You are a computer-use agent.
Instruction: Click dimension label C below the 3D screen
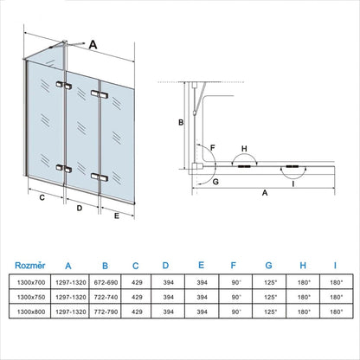(42, 197)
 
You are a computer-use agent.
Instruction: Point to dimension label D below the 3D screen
(79, 209)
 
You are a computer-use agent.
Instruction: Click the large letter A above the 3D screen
(93, 41)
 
